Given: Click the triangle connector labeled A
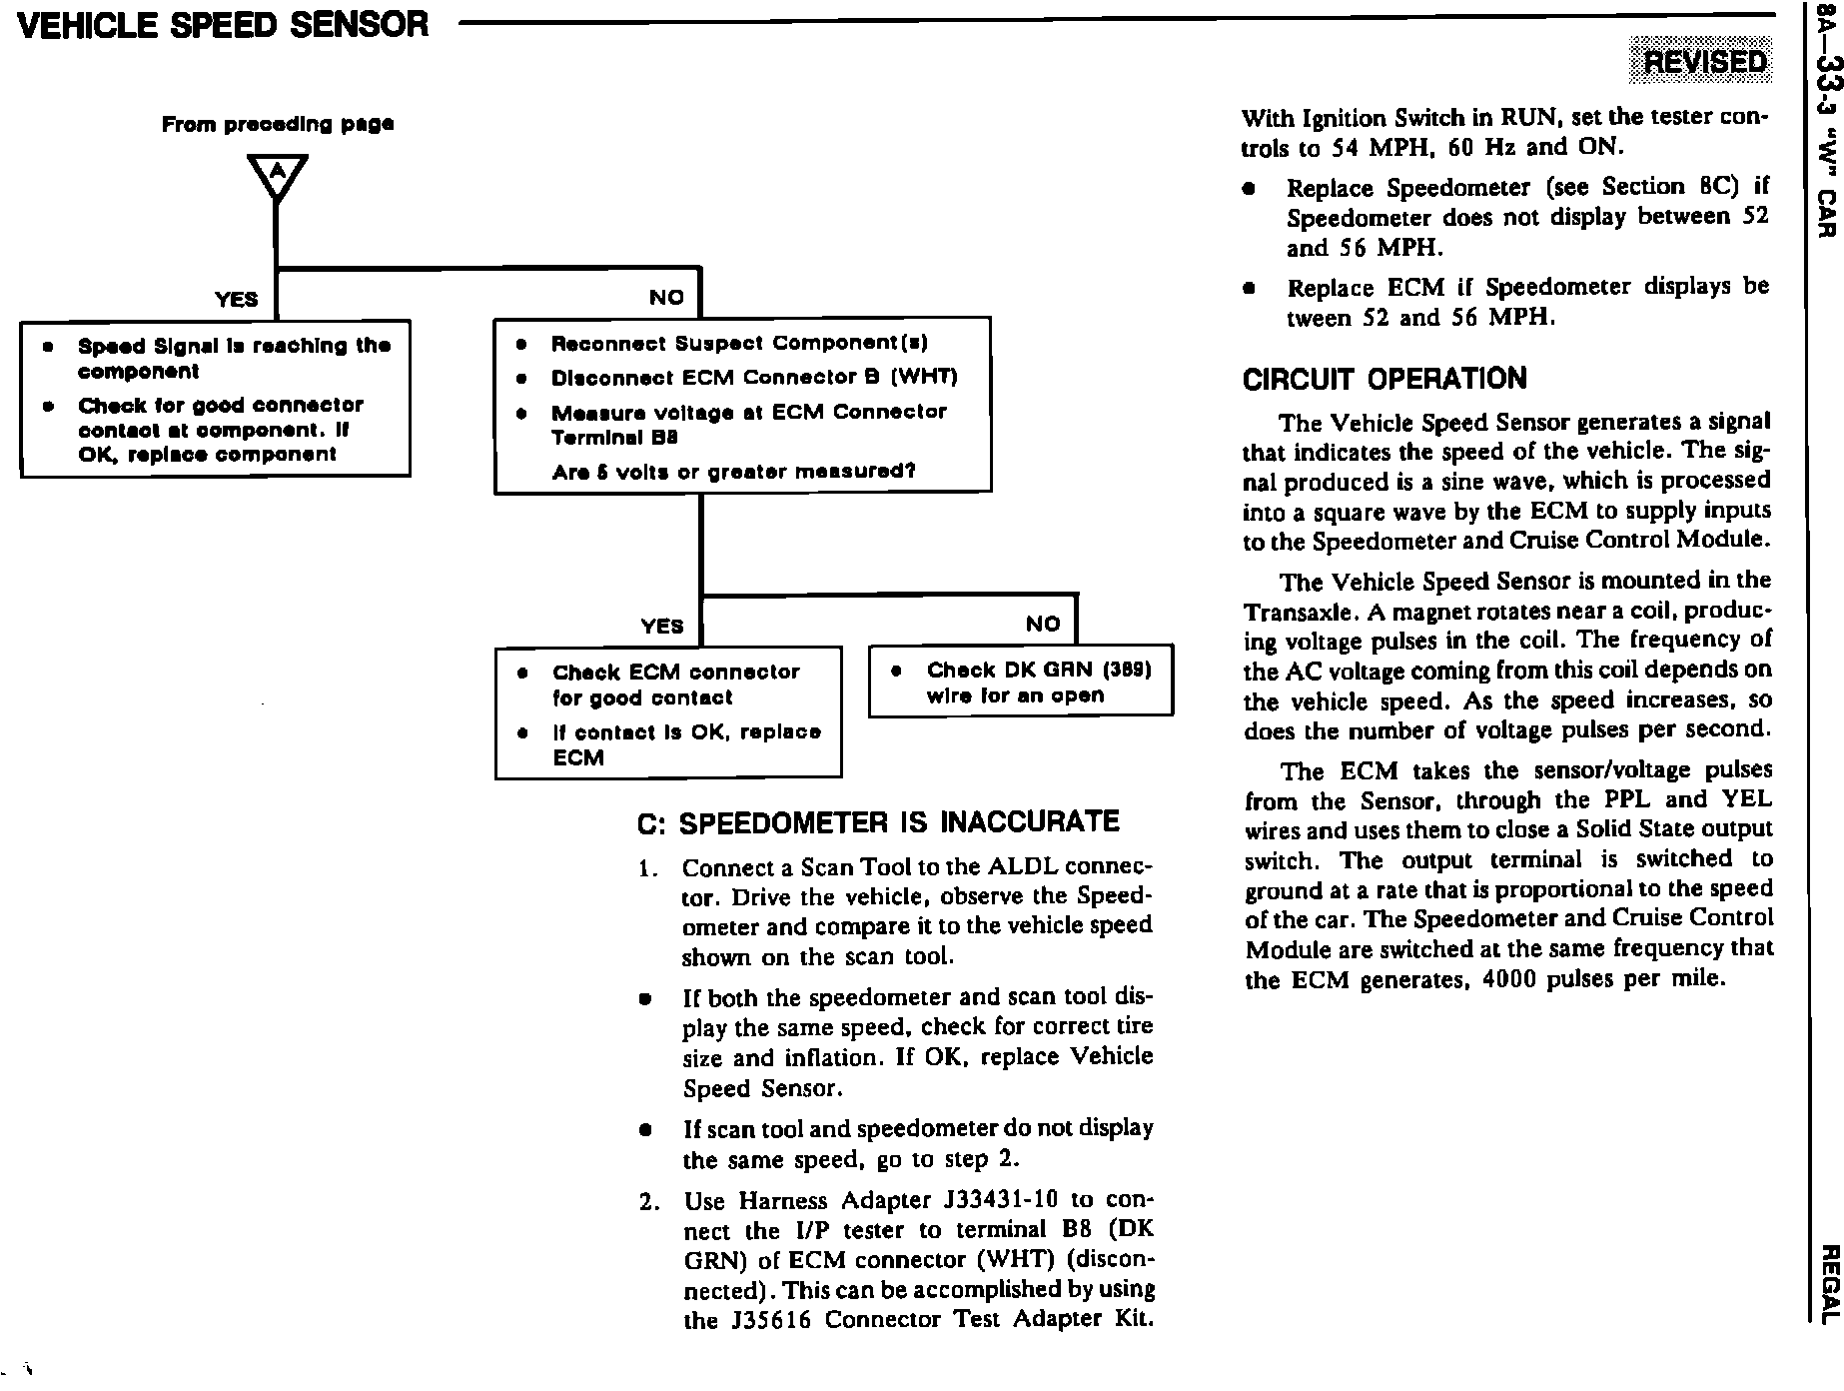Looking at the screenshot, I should pyautogui.click(x=277, y=176).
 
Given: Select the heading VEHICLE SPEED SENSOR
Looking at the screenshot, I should pyautogui.click(x=224, y=25).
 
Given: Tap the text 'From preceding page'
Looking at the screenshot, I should pyautogui.click(x=278, y=124).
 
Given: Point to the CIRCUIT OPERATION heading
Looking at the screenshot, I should pyautogui.click(x=1384, y=380).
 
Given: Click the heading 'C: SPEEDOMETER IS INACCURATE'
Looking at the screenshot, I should pyautogui.click(x=877, y=822).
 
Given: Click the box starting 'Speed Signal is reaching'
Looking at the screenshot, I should pyautogui.click(x=215, y=399).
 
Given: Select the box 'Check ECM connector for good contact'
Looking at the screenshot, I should pyautogui.click(x=667, y=713).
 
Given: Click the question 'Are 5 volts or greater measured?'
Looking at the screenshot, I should pyautogui.click(x=733, y=471).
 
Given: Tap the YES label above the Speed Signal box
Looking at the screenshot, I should pyautogui.click(x=237, y=299).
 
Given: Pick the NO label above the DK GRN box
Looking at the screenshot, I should pyautogui.click(x=1042, y=624).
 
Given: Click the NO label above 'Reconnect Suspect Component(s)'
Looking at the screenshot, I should pyautogui.click(x=666, y=297).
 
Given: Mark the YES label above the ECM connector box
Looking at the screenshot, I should pyautogui.click(x=662, y=626).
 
